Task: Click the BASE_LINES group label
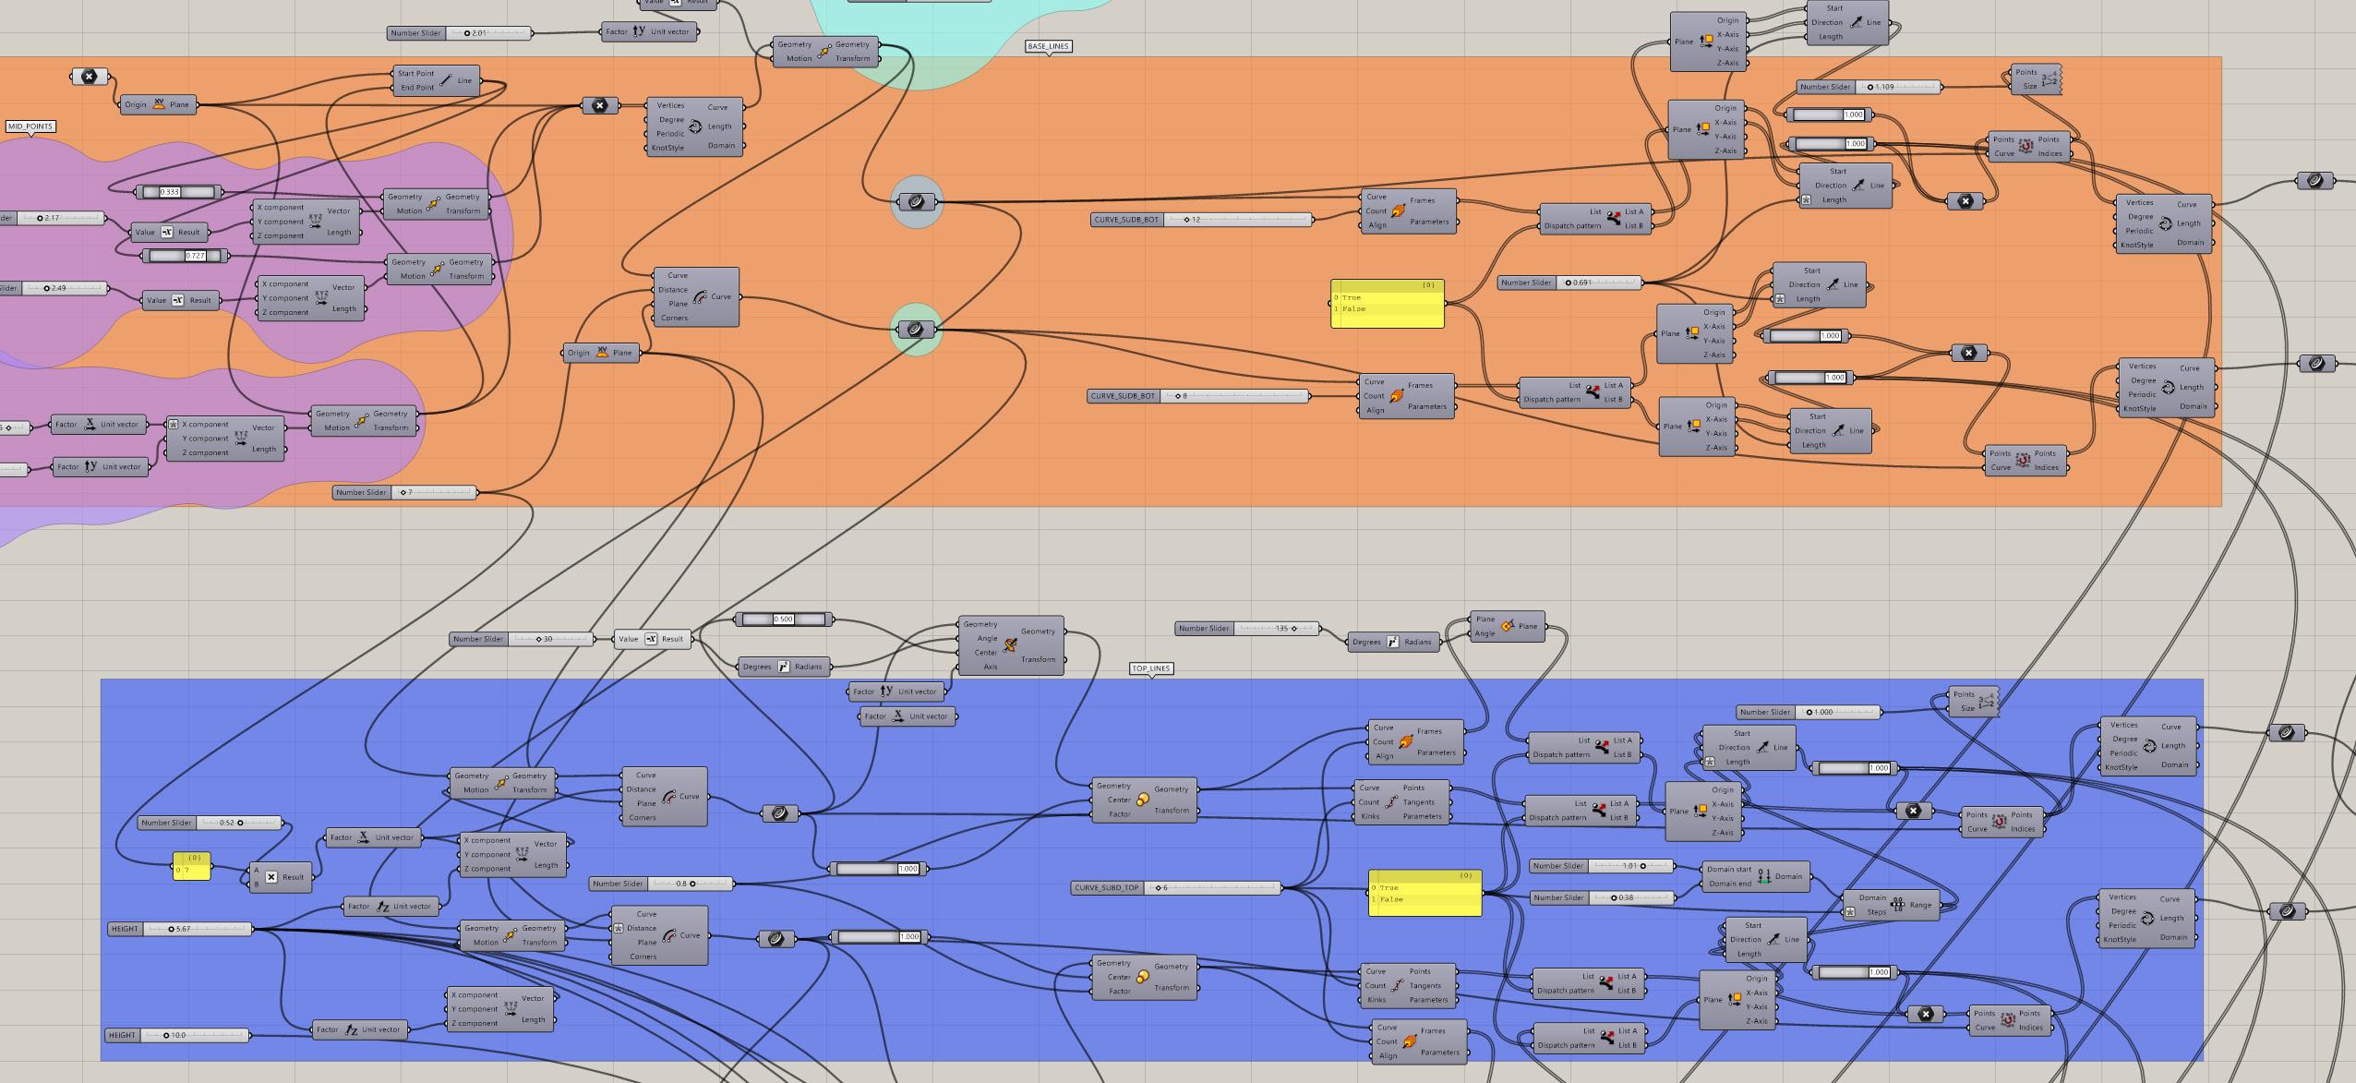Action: point(1048,46)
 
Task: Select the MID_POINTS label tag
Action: point(30,126)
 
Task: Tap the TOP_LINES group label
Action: point(1151,668)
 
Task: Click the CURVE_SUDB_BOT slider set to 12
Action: point(1200,220)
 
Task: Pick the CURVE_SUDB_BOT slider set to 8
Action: point(1197,396)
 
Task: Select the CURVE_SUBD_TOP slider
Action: point(1175,888)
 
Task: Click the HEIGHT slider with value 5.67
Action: point(179,929)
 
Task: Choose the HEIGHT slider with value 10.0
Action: point(176,1035)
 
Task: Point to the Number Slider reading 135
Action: point(1247,629)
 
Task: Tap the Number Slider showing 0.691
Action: point(1569,283)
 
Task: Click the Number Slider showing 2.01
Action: point(460,33)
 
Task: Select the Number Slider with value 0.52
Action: point(210,823)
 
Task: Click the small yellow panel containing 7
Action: point(192,866)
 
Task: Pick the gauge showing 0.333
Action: point(178,192)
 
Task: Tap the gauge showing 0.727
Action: point(186,256)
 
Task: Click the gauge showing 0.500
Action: point(783,620)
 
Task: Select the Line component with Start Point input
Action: point(437,80)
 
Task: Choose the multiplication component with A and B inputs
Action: point(280,877)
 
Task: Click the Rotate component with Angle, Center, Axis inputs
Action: point(1010,645)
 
